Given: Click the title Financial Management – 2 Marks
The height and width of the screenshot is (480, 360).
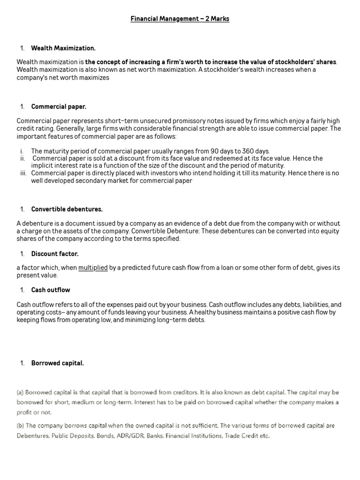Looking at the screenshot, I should (x=180, y=19).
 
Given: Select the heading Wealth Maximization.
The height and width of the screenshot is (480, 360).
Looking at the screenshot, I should (x=63, y=48).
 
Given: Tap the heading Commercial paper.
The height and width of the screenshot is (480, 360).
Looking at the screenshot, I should (x=59, y=106).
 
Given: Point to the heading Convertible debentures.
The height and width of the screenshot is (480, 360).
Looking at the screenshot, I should (x=67, y=209).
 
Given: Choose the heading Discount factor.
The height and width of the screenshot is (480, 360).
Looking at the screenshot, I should (x=55, y=254).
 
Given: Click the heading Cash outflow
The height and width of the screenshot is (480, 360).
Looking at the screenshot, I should (x=51, y=290).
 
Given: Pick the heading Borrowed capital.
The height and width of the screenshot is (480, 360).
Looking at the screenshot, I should (x=58, y=363).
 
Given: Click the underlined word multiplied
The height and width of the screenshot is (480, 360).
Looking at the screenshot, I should (x=93, y=268).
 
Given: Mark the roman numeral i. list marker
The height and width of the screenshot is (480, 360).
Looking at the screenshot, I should (x=22, y=151).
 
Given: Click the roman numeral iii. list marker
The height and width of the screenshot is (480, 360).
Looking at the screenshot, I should (x=22, y=173).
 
